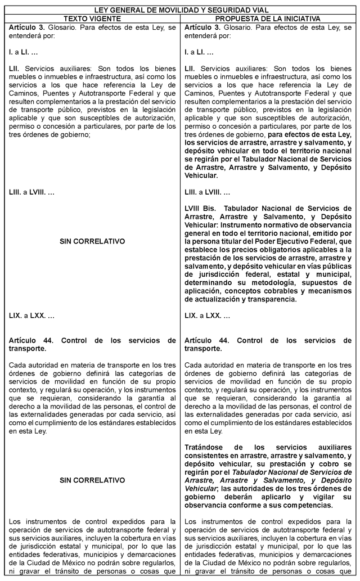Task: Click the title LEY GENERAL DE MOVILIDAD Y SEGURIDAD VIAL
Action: (x=180, y=10)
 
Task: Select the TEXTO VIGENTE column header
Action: (x=92, y=18)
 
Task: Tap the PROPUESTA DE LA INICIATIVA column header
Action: (x=268, y=18)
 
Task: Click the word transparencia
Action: (x=272, y=300)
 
